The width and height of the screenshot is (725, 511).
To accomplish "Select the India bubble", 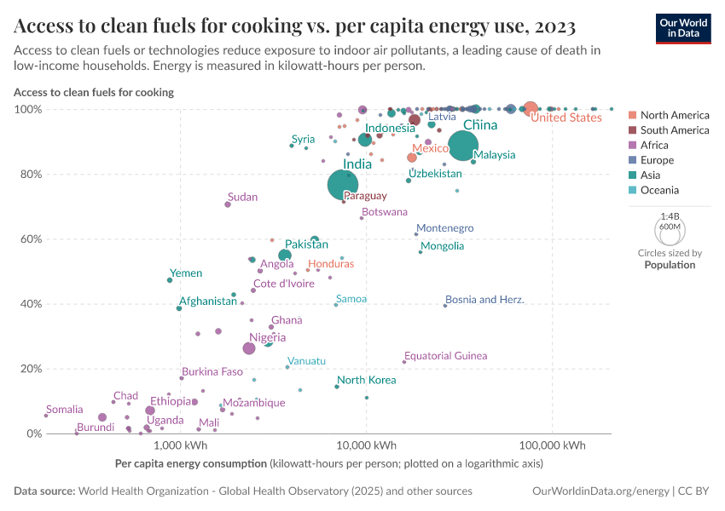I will (342, 185).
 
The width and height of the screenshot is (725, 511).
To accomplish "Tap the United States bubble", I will (531, 108).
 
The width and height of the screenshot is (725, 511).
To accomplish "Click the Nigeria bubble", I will (249, 348).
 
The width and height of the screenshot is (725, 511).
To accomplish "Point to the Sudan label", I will (242, 197).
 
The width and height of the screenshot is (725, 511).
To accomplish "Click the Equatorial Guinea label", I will (445, 355).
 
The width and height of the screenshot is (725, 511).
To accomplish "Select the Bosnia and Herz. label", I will (484, 300).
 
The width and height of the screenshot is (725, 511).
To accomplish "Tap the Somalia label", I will (65, 410).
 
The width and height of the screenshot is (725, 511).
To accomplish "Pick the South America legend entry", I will (674, 130).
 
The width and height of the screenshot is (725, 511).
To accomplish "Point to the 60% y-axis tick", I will (28, 239).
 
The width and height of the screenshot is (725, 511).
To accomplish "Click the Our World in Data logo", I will (682, 28).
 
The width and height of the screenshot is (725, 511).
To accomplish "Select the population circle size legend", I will (669, 230).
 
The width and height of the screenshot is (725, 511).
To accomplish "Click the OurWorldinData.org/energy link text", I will (600, 491).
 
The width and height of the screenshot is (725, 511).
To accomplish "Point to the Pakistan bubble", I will (285, 255).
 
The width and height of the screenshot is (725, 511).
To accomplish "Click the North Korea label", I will (366, 380).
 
